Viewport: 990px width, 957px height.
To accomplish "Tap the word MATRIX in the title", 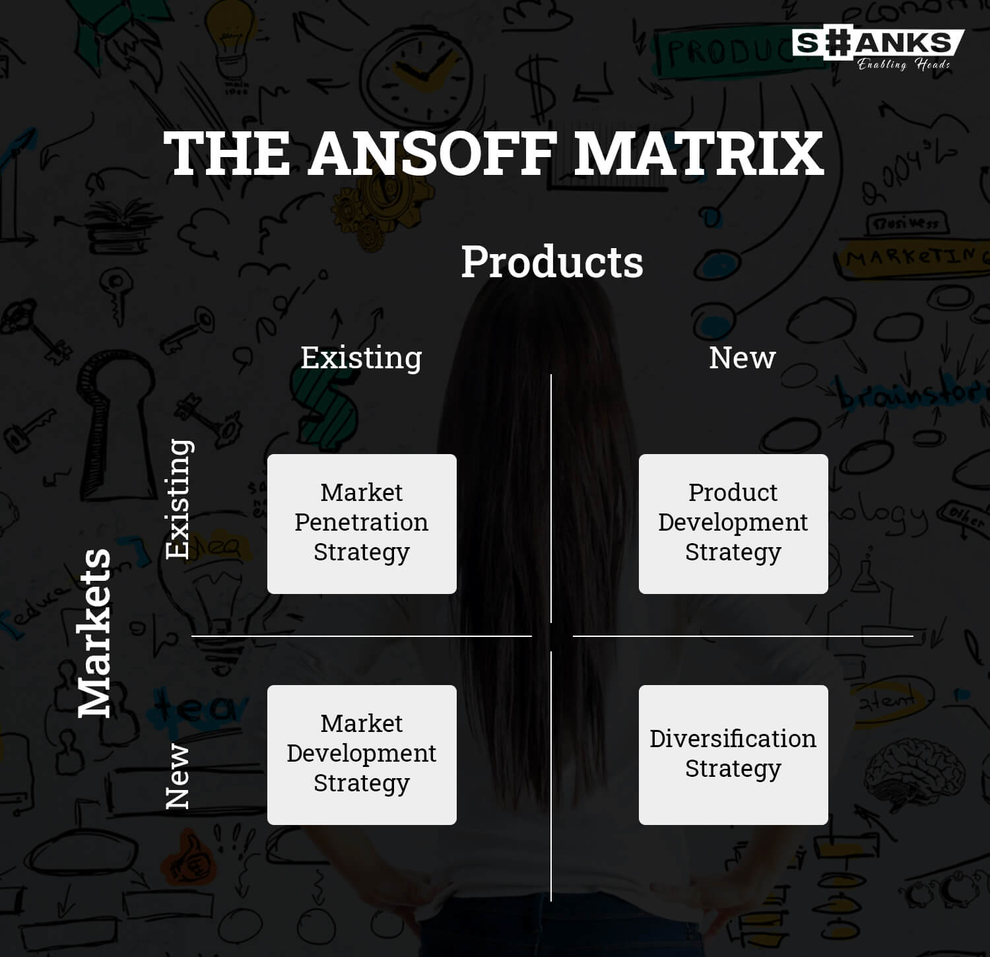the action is [698, 153].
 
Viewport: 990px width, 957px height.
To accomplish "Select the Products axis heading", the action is [552, 262].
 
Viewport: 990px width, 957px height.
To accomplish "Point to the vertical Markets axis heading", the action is [94, 633].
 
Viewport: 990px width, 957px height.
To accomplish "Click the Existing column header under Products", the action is [361, 358].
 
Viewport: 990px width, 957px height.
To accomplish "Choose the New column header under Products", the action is [742, 358].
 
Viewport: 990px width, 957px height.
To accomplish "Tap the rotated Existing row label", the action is [178, 499].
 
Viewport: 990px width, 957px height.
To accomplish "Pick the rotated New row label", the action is [177, 776].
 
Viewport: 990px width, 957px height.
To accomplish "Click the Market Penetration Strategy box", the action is [362, 524].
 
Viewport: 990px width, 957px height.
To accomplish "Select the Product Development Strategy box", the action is [733, 524].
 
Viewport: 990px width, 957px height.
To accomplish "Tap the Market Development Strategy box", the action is [362, 755].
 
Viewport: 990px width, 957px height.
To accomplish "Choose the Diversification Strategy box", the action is [733, 755].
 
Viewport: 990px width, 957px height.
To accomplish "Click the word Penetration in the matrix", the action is [361, 522].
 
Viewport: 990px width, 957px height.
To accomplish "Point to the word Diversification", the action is [733, 739].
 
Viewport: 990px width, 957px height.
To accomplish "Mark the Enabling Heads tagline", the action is [904, 64].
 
